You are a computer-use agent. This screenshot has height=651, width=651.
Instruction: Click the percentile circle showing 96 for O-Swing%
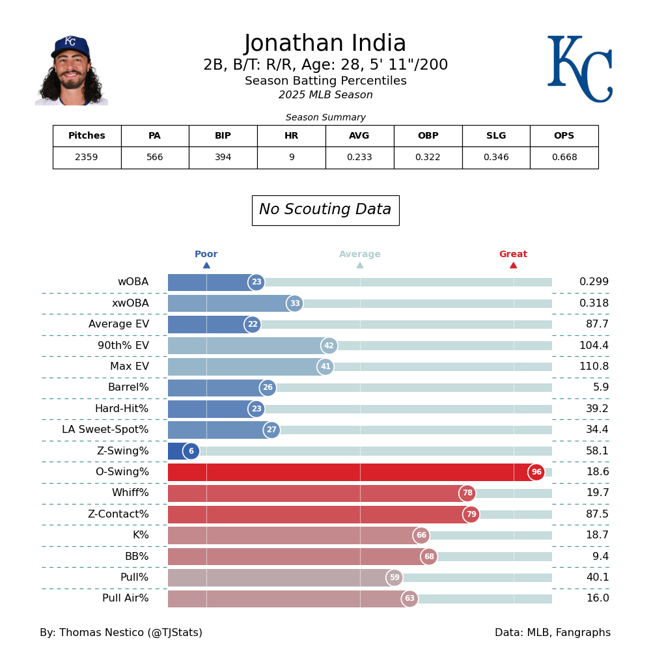(x=536, y=473)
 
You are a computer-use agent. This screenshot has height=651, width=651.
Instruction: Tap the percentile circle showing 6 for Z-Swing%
(x=191, y=451)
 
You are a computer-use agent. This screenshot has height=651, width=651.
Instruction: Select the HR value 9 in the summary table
(x=291, y=158)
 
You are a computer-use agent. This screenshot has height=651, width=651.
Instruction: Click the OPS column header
(x=564, y=136)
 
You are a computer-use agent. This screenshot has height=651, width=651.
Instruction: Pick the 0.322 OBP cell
(x=428, y=158)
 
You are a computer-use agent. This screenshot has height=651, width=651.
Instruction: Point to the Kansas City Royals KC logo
(x=579, y=69)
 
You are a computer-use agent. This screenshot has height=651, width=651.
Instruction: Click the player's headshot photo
(x=72, y=70)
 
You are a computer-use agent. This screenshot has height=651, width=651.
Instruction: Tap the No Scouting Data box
(x=325, y=210)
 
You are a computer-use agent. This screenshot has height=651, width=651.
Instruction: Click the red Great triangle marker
(x=513, y=265)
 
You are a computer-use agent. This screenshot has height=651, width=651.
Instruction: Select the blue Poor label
(x=206, y=255)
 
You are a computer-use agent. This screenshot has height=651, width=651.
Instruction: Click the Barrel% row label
(x=128, y=388)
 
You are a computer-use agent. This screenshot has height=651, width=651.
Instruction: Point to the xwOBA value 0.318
(x=594, y=303)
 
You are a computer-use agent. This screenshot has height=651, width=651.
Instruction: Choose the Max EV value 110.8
(x=594, y=367)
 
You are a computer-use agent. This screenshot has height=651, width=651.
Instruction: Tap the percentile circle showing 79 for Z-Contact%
(x=471, y=514)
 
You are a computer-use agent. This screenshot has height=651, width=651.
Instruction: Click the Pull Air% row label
(x=125, y=599)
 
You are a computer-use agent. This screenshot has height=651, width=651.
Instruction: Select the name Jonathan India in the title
(x=325, y=44)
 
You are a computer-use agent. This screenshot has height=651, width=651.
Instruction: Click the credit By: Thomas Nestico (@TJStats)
(x=121, y=633)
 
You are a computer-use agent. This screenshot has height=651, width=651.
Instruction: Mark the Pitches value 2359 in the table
(x=87, y=158)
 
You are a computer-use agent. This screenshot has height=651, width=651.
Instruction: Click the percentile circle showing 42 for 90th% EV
(x=329, y=346)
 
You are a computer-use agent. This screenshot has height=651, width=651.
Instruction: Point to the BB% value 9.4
(x=597, y=557)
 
